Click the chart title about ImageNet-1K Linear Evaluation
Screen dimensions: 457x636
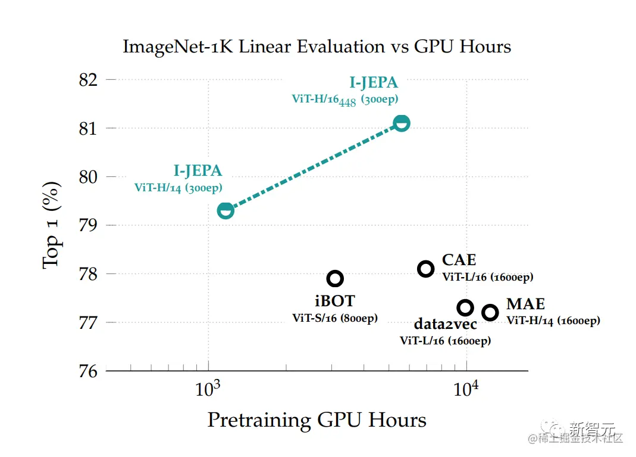[317, 46]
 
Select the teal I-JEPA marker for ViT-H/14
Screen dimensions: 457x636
[225, 210]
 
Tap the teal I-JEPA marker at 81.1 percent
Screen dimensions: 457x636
[402, 123]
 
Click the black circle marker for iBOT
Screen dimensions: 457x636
[335, 278]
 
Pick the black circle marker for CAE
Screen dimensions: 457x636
[425, 269]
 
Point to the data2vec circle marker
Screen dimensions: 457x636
[465, 307]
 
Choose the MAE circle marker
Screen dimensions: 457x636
[490, 312]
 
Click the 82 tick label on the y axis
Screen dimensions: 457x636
[89, 79]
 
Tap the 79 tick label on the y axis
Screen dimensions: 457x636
[89, 225]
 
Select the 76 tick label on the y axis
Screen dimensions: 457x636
[89, 371]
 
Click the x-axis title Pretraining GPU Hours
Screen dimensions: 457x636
[317, 420]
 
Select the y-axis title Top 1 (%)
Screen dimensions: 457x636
[53, 225]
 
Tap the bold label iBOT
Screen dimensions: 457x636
[334, 301]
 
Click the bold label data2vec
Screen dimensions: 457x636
[444, 325]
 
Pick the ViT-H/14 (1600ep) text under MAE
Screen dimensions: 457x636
[553, 321]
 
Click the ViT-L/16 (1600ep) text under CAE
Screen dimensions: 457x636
[487, 277]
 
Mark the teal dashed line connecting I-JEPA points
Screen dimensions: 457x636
[314, 167]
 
